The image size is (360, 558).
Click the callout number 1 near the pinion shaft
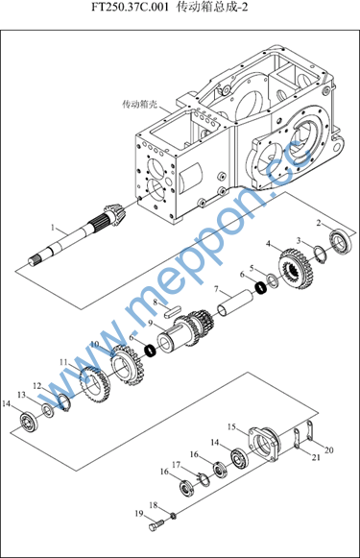pyautogui.click(x=53, y=227)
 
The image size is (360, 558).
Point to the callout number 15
pyautogui.click(x=231, y=426)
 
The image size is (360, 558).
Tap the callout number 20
pyautogui.click(x=329, y=449)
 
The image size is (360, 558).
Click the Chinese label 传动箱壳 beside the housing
pyautogui.click(x=139, y=105)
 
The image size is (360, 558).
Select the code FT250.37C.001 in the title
pyautogui.click(x=130, y=8)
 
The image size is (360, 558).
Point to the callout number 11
pyautogui.click(x=63, y=362)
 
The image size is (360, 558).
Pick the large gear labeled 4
pyautogui.click(x=296, y=269)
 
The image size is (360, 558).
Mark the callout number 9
pyautogui.click(x=150, y=323)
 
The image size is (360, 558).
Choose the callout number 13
pyautogui.click(x=22, y=395)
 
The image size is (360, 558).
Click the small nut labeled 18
pyautogui.click(x=173, y=515)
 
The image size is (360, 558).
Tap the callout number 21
pyautogui.click(x=316, y=458)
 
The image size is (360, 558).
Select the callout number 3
pyautogui.click(x=299, y=241)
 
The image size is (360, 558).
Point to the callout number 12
pyautogui.click(x=37, y=386)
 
